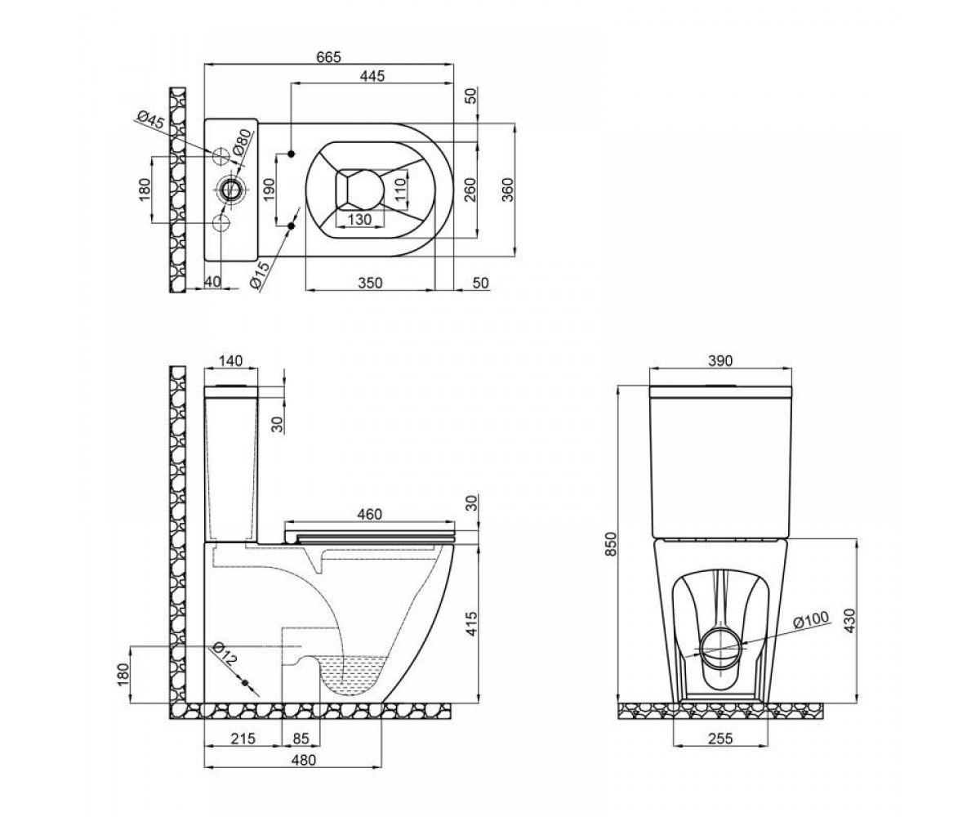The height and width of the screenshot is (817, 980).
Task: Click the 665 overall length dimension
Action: [x=328, y=57]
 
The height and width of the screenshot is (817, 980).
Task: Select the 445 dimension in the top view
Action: [x=372, y=76]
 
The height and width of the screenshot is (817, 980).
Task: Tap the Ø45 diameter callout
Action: [x=151, y=120]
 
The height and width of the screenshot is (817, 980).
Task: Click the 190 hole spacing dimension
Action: [x=269, y=190]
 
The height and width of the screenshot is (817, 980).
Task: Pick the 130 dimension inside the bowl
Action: [x=360, y=219]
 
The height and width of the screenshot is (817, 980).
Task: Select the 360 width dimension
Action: [x=508, y=190]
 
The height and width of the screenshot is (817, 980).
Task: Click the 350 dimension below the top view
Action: [x=370, y=283]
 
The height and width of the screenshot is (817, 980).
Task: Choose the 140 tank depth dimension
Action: [x=231, y=360]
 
